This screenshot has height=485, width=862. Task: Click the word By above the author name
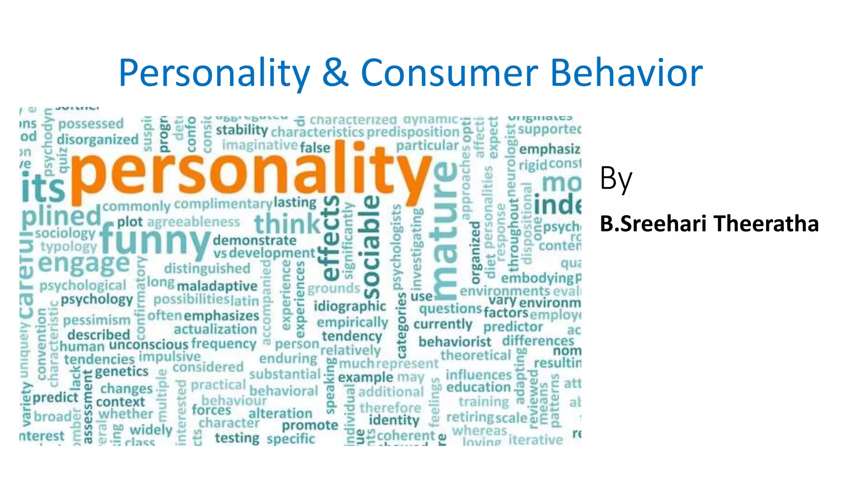[616, 179]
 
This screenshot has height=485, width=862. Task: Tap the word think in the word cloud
[287, 224]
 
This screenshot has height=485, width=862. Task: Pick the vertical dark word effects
[331, 238]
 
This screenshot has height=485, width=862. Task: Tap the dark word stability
[242, 130]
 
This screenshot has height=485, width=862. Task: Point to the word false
[315, 148]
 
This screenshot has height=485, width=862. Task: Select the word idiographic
[350, 306]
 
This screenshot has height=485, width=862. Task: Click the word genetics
[122, 372]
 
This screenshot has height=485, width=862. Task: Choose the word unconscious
[149, 345]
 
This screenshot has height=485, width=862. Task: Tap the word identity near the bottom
[394, 420]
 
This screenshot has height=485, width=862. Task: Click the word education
[479, 387]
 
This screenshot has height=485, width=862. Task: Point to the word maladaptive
[217, 286]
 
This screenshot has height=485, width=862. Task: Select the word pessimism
[97, 320]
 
